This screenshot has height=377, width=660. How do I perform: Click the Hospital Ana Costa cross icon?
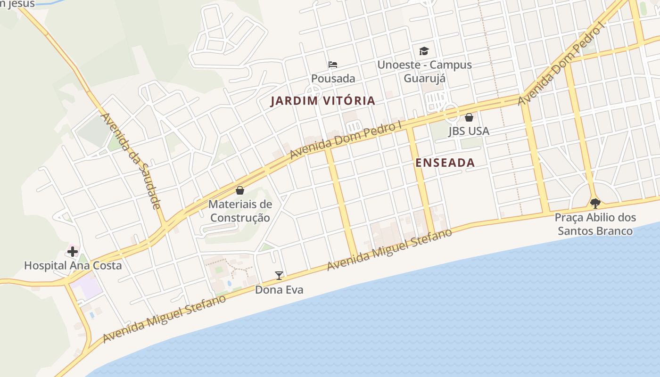[72, 252]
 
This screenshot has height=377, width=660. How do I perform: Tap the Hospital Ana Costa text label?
[73, 265]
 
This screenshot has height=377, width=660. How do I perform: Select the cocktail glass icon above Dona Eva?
[279, 276]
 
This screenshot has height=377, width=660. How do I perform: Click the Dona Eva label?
[279, 290]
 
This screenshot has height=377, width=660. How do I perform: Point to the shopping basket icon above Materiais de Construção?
[240, 190]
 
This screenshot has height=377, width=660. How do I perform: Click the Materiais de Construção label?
[240, 211]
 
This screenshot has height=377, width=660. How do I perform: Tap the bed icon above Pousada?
[333, 65]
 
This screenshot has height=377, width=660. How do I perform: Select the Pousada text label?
[333, 78]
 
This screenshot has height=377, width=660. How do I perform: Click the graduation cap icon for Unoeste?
[424, 51]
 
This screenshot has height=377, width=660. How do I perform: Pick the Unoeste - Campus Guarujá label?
[424, 71]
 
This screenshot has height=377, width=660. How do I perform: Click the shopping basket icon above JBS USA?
[469, 117]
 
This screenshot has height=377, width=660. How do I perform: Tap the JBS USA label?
[469, 131]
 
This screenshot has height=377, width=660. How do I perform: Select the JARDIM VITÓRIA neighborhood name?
[322, 101]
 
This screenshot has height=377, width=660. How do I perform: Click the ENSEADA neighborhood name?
[445, 163]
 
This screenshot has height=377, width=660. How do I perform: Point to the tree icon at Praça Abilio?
[595, 204]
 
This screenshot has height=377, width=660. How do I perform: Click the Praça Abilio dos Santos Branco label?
[595, 224]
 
